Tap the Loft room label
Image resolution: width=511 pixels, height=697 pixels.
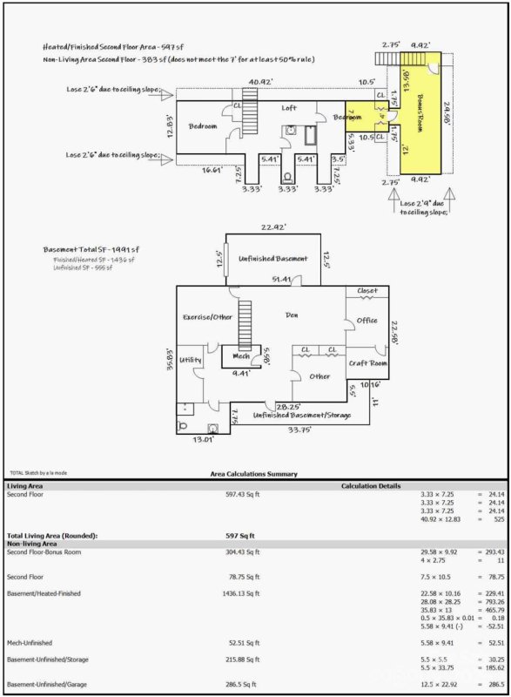tap(289, 108)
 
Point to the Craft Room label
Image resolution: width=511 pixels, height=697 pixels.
tap(366, 362)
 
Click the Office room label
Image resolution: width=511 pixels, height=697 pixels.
tap(366, 321)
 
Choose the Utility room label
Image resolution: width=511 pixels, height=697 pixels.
tap(191, 359)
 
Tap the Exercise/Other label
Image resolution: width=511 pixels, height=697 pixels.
tap(206, 316)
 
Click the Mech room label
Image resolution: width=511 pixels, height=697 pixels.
tap(240, 355)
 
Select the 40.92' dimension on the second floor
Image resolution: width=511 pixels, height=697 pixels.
tap(259, 83)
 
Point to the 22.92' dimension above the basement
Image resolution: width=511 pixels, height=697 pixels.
tap(272, 228)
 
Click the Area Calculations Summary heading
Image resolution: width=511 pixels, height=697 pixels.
tap(253, 474)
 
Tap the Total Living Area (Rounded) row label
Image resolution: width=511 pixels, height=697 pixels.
tap(52, 535)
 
